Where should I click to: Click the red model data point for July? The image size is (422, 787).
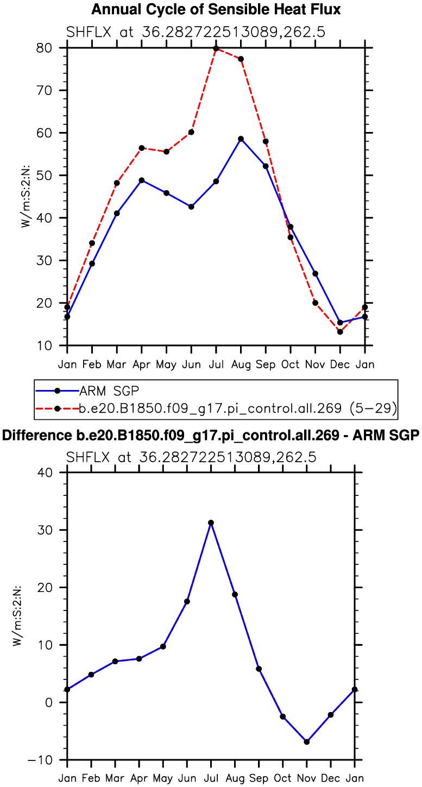point(216,48)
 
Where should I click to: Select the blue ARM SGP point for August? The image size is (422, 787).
point(241,139)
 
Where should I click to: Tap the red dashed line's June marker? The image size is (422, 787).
point(191,132)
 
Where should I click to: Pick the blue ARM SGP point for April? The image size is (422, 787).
point(142,180)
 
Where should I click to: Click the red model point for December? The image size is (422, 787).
point(340,332)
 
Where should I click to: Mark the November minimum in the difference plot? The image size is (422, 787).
point(307,742)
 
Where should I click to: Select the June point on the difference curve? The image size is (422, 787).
point(187,601)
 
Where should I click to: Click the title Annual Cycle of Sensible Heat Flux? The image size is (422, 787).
point(216,10)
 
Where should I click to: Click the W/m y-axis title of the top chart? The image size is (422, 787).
point(25,196)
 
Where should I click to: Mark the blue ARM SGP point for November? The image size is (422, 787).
point(315,274)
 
